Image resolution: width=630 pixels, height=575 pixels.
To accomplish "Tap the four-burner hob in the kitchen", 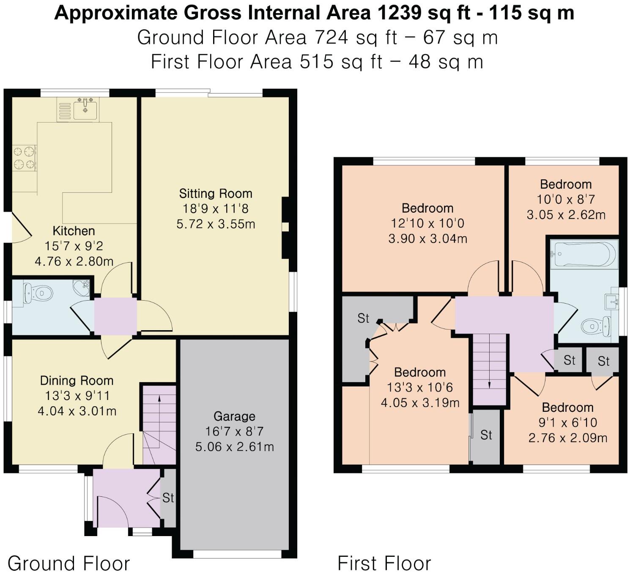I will tap(24, 157).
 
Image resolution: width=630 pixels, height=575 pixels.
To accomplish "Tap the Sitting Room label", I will tap(216, 194).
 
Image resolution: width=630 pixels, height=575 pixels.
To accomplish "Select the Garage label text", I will tap(234, 416).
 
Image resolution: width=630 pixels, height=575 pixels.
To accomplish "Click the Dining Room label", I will tap(77, 381).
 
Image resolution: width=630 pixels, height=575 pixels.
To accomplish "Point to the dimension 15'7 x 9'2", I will tap(74, 246).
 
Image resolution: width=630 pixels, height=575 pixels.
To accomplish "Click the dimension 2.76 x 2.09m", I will tap(568, 438).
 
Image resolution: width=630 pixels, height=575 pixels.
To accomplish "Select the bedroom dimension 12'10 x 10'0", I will tap(427, 223).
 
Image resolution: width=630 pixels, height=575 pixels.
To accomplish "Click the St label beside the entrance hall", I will tap(168, 498).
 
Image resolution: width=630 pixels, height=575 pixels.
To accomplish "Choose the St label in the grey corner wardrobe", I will tap(363, 318).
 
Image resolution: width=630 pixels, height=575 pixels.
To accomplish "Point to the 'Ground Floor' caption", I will tap(68, 564).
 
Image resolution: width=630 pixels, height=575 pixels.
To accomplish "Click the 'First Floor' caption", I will tap(384, 564).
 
